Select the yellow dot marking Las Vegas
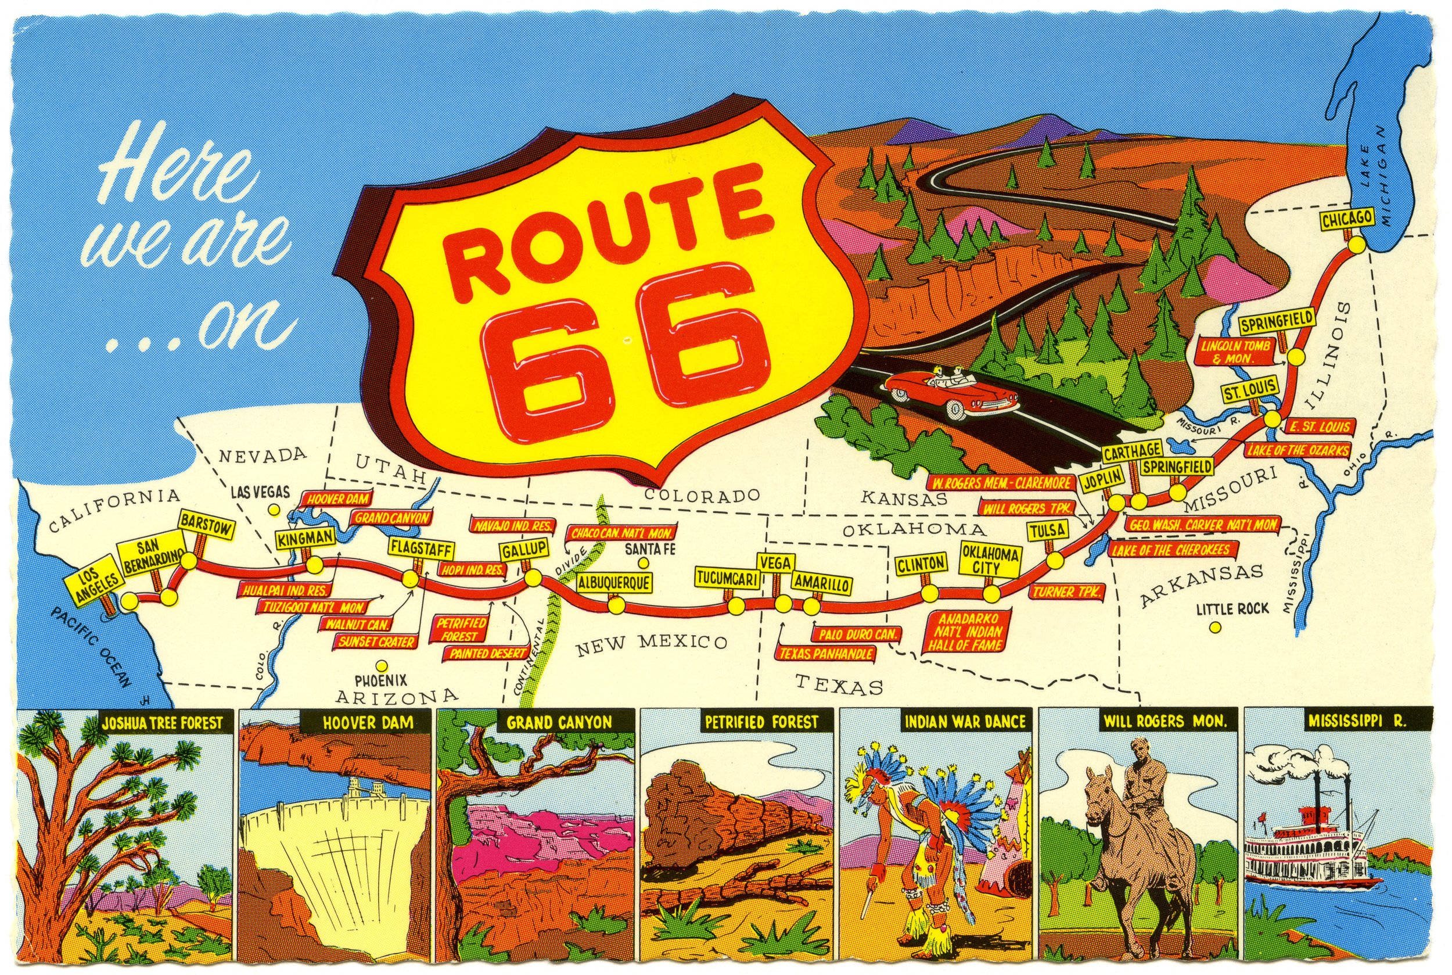(272, 509)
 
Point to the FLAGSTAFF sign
(421, 549)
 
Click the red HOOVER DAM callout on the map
(337, 499)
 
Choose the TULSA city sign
(1047, 530)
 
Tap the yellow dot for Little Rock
(1214, 628)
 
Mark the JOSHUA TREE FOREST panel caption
(162, 723)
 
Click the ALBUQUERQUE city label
(614, 583)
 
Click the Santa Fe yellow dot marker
(644, 564)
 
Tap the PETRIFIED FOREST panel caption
(761, 723)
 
